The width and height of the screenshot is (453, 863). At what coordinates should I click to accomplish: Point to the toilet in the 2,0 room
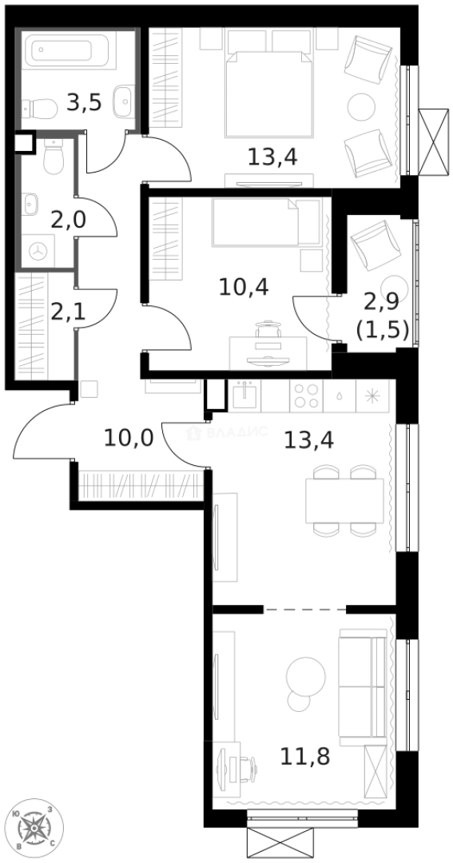[54, 160]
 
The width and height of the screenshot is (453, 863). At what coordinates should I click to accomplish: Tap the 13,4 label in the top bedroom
[272, 157]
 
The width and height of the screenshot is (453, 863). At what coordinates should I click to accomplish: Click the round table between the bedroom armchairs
[361, 105]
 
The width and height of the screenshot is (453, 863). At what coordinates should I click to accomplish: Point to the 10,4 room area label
[243, 284]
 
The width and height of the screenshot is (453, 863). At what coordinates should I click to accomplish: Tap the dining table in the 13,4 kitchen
[344, 500]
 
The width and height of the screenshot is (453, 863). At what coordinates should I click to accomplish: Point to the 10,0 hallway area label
[128, 438]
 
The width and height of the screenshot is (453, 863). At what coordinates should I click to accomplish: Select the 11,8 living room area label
[304, 756]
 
